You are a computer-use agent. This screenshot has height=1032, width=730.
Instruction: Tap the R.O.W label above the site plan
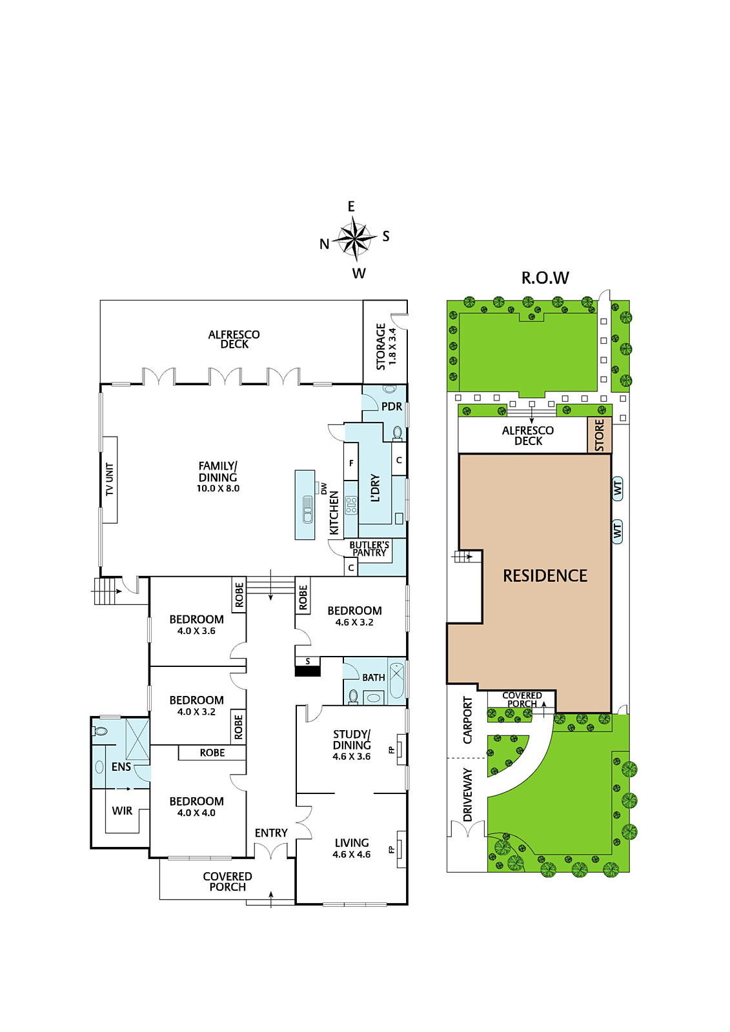coord(545,278)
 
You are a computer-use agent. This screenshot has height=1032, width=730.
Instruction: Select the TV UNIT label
coord(109,479)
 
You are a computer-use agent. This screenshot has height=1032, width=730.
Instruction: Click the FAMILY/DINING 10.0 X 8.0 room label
coord(218,477)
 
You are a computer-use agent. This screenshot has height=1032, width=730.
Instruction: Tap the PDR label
coord(392,407)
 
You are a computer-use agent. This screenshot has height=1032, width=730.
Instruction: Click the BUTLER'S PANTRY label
coord(369,549)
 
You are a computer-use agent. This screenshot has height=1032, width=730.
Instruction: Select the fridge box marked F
coord(351,462)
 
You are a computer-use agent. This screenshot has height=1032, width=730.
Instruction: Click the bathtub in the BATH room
coord(397,680)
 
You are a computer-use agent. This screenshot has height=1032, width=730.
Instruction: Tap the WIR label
coord(122,810)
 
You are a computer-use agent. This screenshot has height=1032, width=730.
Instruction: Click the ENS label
coord(121,767)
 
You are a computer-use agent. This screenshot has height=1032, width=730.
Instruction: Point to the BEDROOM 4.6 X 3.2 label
coord(354,616)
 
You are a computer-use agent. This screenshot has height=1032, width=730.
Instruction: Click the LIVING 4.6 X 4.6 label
coord(352,848)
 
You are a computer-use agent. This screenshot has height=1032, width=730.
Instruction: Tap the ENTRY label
coord(271,833)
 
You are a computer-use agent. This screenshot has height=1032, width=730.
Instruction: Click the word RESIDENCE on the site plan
coord(545,576)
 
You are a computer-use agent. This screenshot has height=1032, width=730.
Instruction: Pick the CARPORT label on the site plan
coord(467,720)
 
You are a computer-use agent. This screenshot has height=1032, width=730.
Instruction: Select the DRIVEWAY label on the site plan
coord(467,795)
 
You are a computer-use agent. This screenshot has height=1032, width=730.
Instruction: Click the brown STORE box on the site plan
coord(599,435)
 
